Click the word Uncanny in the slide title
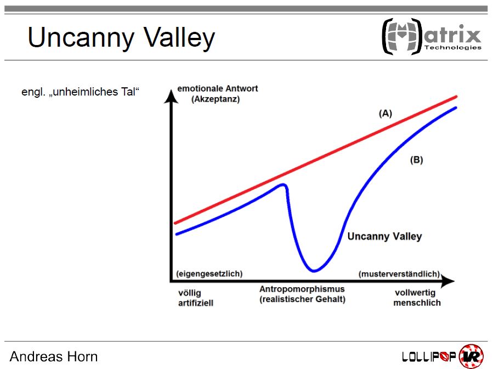(81, 38)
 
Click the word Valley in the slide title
(179, 38)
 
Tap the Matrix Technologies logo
(432, 36)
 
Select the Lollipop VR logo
(443, 356)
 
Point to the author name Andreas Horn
(54, 357)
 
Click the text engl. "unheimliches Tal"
(80, 92)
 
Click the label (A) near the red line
(386, 113)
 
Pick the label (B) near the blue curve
(417, 160)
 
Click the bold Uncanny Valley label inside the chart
(384, 236)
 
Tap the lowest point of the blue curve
(314, 270)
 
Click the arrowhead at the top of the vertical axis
(171, 96)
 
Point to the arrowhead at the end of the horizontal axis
(447, 281)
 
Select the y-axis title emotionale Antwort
(218, 88)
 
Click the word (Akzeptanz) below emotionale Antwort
(216, 99)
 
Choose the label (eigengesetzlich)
(209, 273)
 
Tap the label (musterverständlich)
(399, 274)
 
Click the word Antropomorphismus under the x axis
(302, 289)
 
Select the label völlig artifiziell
(196, 298)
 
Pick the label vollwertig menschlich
(417, 298)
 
